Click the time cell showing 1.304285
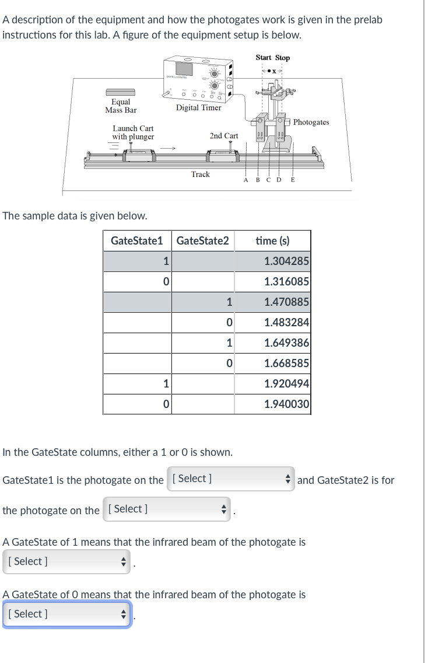tap(286, 261)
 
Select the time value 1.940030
tap(286, 404)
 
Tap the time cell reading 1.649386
tap(286, 343)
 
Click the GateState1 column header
tap(136, 240)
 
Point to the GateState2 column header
tap(202, 240)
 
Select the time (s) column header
tap(273, 240)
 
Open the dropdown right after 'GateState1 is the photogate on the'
tap(231, 479)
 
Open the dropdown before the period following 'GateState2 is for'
tap(167, 509)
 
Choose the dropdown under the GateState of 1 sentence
tap(66, 561)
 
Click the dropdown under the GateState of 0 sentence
tap(66, 614)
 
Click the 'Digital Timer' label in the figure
tap(198, 107)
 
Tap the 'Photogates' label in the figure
tap(311, 122)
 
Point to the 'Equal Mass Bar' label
tap(121, 106)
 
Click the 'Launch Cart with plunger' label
tap(133, 132)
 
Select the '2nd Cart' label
tap(224, 135)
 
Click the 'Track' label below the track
tap(200, 174)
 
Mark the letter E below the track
tap(293, 180)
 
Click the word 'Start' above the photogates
tap(263, 58)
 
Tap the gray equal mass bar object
tap(120, 92)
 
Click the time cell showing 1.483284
tap(286, 322)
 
